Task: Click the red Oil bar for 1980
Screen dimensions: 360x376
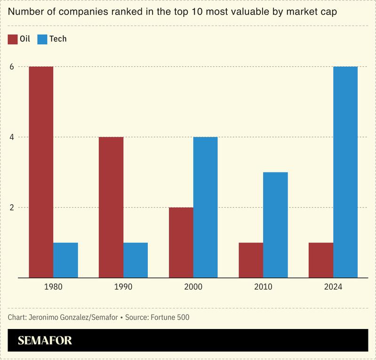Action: [41, 172]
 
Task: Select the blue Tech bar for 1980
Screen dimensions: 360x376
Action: [65, 260]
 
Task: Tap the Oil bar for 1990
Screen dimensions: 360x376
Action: [111, 207]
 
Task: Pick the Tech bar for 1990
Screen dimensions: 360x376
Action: [136, 260]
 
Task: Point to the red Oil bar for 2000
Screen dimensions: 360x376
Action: [181, 243]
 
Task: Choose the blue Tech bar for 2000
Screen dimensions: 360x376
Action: [205, 207]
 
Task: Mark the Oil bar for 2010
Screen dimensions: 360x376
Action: [251, 260]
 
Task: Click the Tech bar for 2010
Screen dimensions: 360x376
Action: [275, 225]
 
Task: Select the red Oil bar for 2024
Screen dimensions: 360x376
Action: [320, 260]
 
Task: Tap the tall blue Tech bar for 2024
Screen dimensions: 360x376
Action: [345, 172]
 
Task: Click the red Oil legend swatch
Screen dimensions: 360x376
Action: [13, 39]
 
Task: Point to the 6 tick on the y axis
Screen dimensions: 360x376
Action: [11, 67]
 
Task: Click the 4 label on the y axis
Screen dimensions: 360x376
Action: [11, 137]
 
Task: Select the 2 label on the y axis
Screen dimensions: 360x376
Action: [11, 208]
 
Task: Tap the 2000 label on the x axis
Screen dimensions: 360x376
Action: [193, 287]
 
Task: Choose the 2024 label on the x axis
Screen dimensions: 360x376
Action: [333, 287]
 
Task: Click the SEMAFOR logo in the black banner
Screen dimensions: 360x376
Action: [45, 341]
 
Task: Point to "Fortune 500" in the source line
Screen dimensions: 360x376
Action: [170, 317]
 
